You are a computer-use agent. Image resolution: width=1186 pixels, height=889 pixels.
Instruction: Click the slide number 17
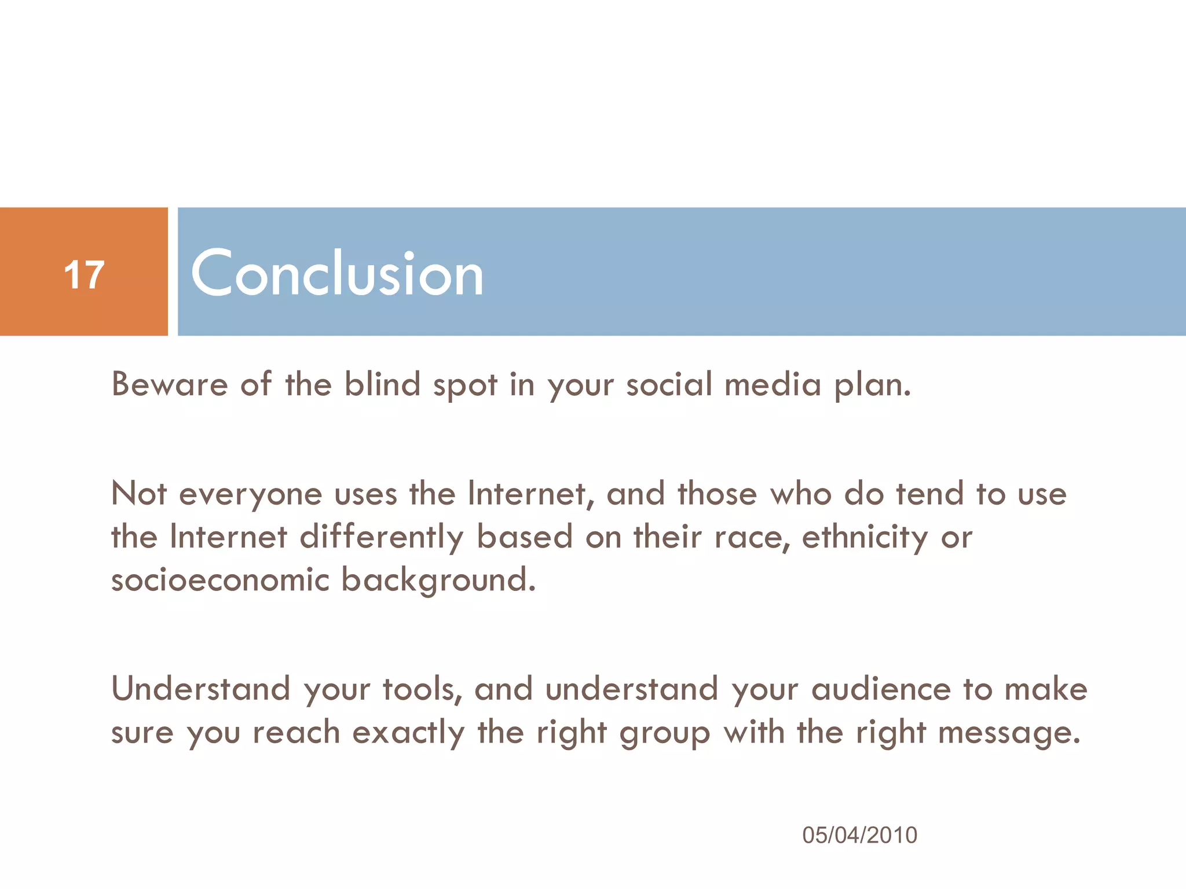[x=85, y=274]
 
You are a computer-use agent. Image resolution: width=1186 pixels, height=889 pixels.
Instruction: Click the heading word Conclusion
[x=336, y=273]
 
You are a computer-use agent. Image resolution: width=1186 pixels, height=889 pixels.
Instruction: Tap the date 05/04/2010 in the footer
[x=859, y=835]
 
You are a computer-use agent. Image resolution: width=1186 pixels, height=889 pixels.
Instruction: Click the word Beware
[x=170, y=384]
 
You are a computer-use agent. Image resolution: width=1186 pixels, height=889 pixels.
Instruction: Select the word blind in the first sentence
[x=382, y=384]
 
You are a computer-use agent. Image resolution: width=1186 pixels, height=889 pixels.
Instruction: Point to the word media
[x=773, y=384]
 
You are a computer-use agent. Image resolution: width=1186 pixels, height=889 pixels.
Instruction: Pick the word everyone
[x=250, y=495]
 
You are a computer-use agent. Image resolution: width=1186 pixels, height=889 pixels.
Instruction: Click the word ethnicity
[x=865, y=538]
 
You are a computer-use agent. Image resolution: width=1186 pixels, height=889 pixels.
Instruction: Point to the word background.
[x=438, y=581]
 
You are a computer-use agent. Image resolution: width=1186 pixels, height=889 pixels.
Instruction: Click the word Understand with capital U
[x=200, y=689]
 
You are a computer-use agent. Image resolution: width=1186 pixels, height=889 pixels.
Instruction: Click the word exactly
[x=408, y=733]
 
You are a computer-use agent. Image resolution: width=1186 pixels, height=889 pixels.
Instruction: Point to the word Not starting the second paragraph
[x=139, y=494]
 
